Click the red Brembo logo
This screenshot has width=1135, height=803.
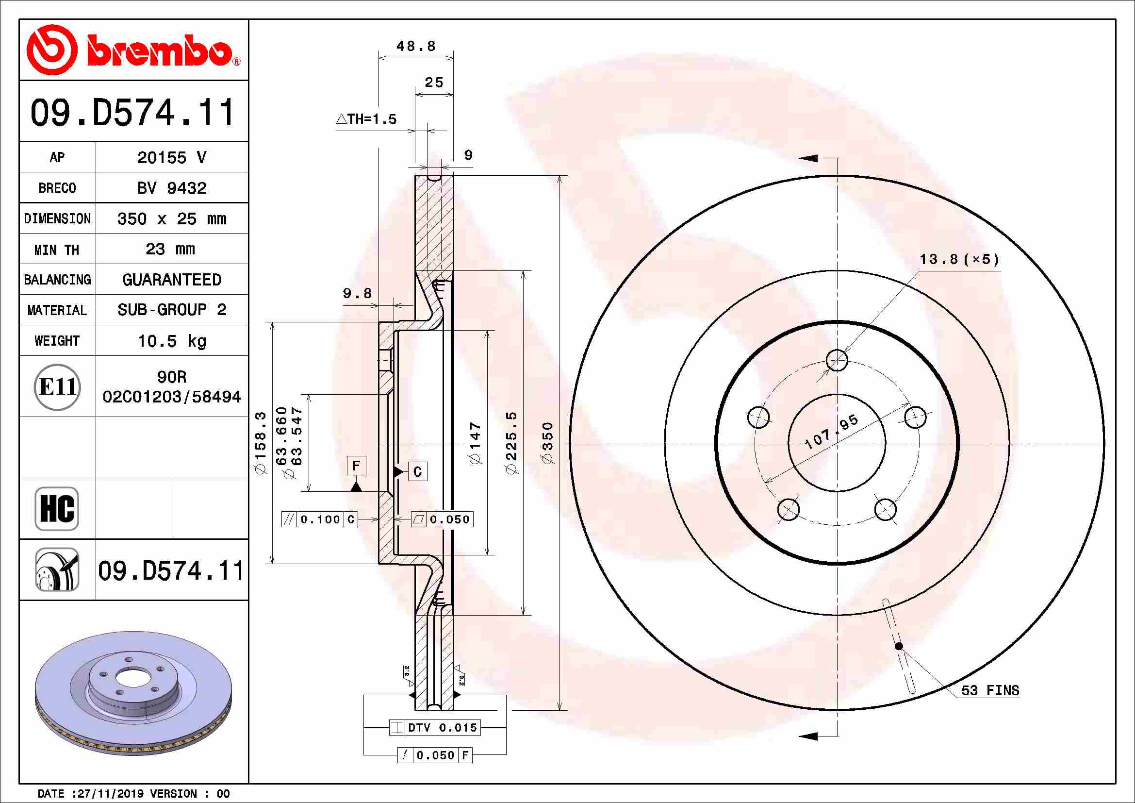pyautogui.click(x=133, y=50)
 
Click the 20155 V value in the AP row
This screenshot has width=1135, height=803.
pyautogui.click(x=171, y=158)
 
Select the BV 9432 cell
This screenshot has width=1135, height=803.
pyautogui.click(x=171, y=188)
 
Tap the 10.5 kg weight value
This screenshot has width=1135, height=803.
pyautogui.click(x=171, y=341)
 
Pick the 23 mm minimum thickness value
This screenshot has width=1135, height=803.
pyautogui.click(x=170, y=249)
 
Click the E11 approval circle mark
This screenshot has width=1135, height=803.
pyautogui.click(x=57, y=386)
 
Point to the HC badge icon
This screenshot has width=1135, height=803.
pyautogui.click(x=57, y=508)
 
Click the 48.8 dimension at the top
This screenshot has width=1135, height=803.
pyautogui.click(x=416, y=47)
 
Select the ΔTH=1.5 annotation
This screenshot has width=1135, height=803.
pyautogui.click(x=366, y=119)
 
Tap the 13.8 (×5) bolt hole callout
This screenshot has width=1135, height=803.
pyautogui.click(x=958, y=259)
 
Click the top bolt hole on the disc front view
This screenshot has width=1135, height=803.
pyautogui.click(x=837, y=360)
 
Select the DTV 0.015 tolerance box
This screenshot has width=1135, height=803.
pyautogui.click(x=435, y=727)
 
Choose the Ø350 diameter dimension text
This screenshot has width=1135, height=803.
pyautogui.click(x=548, y=443)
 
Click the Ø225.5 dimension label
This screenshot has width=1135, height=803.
pyautogui.click(x=511, y=443)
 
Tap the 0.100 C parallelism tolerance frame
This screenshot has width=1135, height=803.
pyautogui.click(x=319, y=519)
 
